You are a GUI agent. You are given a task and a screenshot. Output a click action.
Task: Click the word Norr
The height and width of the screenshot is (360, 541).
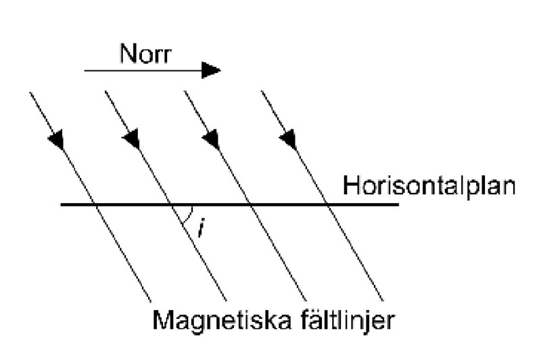click(145, 53)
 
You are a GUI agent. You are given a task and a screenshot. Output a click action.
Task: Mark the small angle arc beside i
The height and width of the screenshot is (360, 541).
click(193, 214)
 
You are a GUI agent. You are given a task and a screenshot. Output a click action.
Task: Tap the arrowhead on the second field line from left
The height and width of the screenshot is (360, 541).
click(132, 140)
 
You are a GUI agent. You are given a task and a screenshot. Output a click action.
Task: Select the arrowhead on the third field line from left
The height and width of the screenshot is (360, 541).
click(211, 140)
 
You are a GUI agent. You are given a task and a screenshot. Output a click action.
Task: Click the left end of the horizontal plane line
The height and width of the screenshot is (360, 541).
click(62, 204)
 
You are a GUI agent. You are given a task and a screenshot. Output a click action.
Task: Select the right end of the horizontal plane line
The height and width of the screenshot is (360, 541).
click(398, 204)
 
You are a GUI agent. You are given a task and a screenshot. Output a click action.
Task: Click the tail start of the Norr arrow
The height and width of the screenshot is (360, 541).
click(85, 70)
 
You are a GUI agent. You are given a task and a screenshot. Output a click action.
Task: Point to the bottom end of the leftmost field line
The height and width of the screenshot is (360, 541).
click(150, 301)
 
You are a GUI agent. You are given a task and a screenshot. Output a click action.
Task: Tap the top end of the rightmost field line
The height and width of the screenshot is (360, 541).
click(262, 91)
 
